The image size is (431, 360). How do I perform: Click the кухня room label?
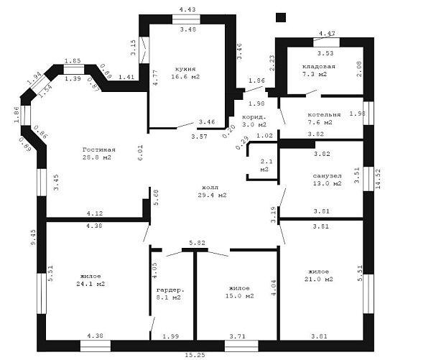coord(185,69)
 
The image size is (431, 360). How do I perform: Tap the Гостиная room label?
coord(98,150)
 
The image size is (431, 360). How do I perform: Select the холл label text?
coord(210,188)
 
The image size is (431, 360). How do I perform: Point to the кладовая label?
coord(318,67)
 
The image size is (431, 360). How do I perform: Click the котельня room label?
coord(324,115)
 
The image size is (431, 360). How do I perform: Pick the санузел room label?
coord(327,176)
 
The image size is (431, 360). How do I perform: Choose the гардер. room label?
coord(170,290)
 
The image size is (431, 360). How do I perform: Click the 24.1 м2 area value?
coord(91,284)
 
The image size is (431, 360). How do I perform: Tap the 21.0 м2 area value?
coord(318,279)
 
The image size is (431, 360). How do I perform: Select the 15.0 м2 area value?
coord(239,296)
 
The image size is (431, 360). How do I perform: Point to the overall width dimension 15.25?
coord(195,355)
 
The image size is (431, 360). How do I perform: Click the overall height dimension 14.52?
coord(378,179)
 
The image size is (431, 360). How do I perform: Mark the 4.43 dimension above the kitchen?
coord(187,9)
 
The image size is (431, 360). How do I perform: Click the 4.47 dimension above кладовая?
coord(327,34)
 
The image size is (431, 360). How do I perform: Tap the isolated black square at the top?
coord(281,17)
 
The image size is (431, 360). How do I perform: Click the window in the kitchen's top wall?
coord(186,19)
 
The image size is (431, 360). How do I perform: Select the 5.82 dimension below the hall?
coord(197,243)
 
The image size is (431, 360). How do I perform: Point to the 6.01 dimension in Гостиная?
coord(140,153)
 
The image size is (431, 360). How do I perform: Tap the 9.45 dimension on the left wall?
coord(33,237)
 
